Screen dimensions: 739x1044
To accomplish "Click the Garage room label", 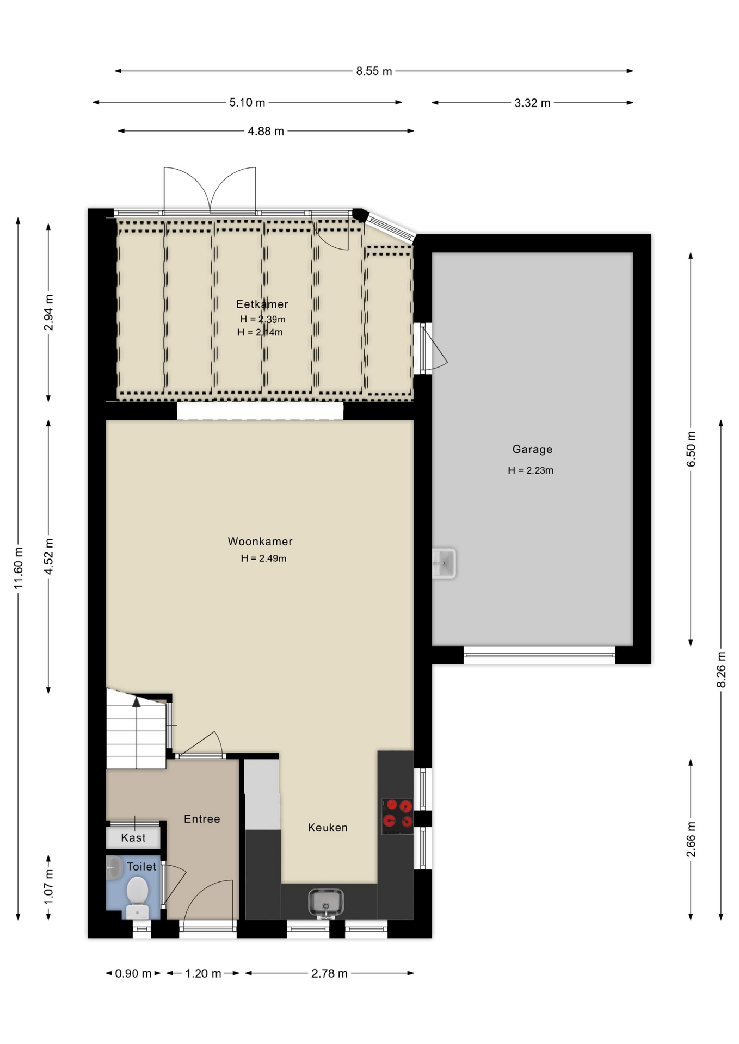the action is coord(532,449).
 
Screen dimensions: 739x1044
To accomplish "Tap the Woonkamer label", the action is coord(260,542).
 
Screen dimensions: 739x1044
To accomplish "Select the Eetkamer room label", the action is coord(262,304).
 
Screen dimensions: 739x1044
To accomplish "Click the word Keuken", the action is coord(328,827).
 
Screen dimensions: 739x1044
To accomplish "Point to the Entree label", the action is coord(202,818).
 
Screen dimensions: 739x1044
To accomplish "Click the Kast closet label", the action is coord(133,837).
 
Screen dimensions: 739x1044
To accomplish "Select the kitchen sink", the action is coord(325,903).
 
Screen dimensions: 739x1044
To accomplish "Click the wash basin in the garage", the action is coord(444,563).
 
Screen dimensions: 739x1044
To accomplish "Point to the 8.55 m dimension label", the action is coord(374,71).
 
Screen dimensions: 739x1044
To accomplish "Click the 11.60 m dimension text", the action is coord(19,568).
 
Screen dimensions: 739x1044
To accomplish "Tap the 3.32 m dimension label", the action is coord(532,103).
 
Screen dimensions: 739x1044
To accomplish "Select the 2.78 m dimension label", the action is coord(329,973).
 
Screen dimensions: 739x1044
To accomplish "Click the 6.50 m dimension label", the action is coord(691,449).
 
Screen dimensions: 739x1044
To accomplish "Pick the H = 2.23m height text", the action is coord(531,470).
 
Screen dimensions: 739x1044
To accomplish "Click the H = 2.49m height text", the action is coord(263,558).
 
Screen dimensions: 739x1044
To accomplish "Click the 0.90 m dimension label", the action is coord(133,973).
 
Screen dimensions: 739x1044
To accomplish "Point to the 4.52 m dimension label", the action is coord(49,556).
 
